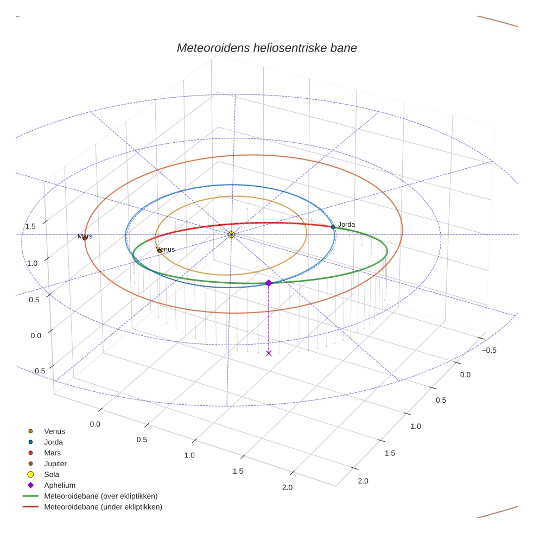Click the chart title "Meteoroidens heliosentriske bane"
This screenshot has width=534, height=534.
266,48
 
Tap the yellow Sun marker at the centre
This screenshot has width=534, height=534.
231,234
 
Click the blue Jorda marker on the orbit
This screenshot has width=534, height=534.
333,227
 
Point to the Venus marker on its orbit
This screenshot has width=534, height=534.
159,251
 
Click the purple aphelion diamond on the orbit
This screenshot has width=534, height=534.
269,283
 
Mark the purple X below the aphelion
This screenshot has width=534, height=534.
269,353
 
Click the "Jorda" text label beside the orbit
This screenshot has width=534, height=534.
346,224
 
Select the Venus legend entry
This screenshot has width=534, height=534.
54,431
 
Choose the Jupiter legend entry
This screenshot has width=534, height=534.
55,464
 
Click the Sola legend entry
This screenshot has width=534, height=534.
52,474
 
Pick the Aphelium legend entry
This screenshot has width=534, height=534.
59,485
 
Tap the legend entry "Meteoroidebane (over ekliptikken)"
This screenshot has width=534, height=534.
100,496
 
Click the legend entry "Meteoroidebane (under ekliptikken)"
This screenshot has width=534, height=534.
103,507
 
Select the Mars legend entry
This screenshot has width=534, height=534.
52,453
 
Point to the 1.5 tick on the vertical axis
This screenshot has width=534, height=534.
30,226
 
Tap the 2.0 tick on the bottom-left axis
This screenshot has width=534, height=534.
287,487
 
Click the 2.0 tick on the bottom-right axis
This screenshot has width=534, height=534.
363,480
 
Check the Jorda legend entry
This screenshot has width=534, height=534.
53,442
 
